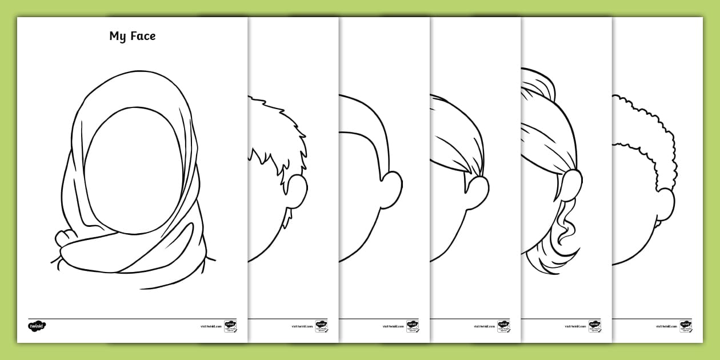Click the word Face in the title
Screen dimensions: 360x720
coord(142,36)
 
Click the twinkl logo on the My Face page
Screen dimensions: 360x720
coord(37,326)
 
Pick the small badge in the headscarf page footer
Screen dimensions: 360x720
coord(230,326)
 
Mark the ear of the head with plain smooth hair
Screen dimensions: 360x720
coord(391,188)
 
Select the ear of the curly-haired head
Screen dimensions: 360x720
coord(665,205)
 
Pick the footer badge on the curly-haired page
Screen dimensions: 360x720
coord(686,326)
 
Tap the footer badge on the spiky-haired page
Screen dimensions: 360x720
coord(321,326)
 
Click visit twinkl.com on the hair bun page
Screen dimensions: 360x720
coord(574,326)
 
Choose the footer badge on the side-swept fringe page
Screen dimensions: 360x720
coord(503,326)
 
